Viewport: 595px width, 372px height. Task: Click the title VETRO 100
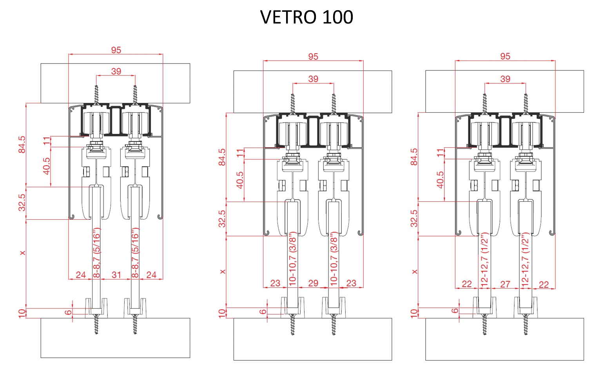pos(307,17)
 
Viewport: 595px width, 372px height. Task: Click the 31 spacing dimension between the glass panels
pos(116,275)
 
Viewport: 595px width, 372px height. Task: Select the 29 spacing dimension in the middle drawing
pos(313,283)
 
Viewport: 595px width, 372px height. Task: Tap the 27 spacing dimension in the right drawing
pos(505,284)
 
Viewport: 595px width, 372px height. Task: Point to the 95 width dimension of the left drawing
pos(116,50)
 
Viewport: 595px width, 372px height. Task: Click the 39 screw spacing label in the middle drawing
pos(313,79)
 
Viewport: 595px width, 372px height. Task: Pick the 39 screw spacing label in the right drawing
pos(505,79)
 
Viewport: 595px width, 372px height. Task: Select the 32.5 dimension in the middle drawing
pos(222,219)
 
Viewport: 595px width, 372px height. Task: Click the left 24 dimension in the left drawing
pos(81,275)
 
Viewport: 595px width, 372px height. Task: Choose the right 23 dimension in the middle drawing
pos(351,283)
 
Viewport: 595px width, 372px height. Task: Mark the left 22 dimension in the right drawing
pos(467,284)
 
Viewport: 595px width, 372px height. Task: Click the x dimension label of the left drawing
pos(23,253)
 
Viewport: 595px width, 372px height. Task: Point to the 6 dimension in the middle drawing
pos(263,312)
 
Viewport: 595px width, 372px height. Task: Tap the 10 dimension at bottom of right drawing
pos(414,313)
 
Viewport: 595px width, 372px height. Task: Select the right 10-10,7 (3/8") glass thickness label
pos(334,258)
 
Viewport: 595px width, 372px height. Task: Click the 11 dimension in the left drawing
pos(47,141)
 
